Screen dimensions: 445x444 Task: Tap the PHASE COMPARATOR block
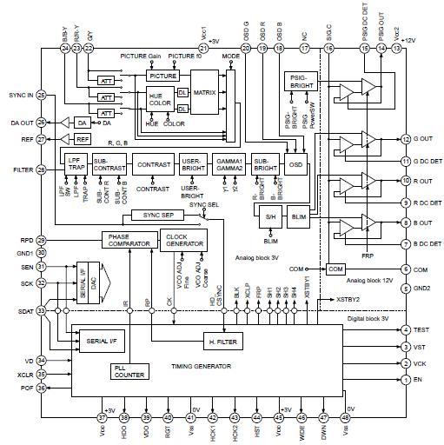pyautogui.click(x=128, y=241)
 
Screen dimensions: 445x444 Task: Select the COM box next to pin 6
pyautogui.click(x=335, y=269)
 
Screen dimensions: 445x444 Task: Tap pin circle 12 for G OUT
pyautogui.click(x=406, y=139)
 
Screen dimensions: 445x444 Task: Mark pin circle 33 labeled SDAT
pyautogui.click(x=41, y=310)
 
